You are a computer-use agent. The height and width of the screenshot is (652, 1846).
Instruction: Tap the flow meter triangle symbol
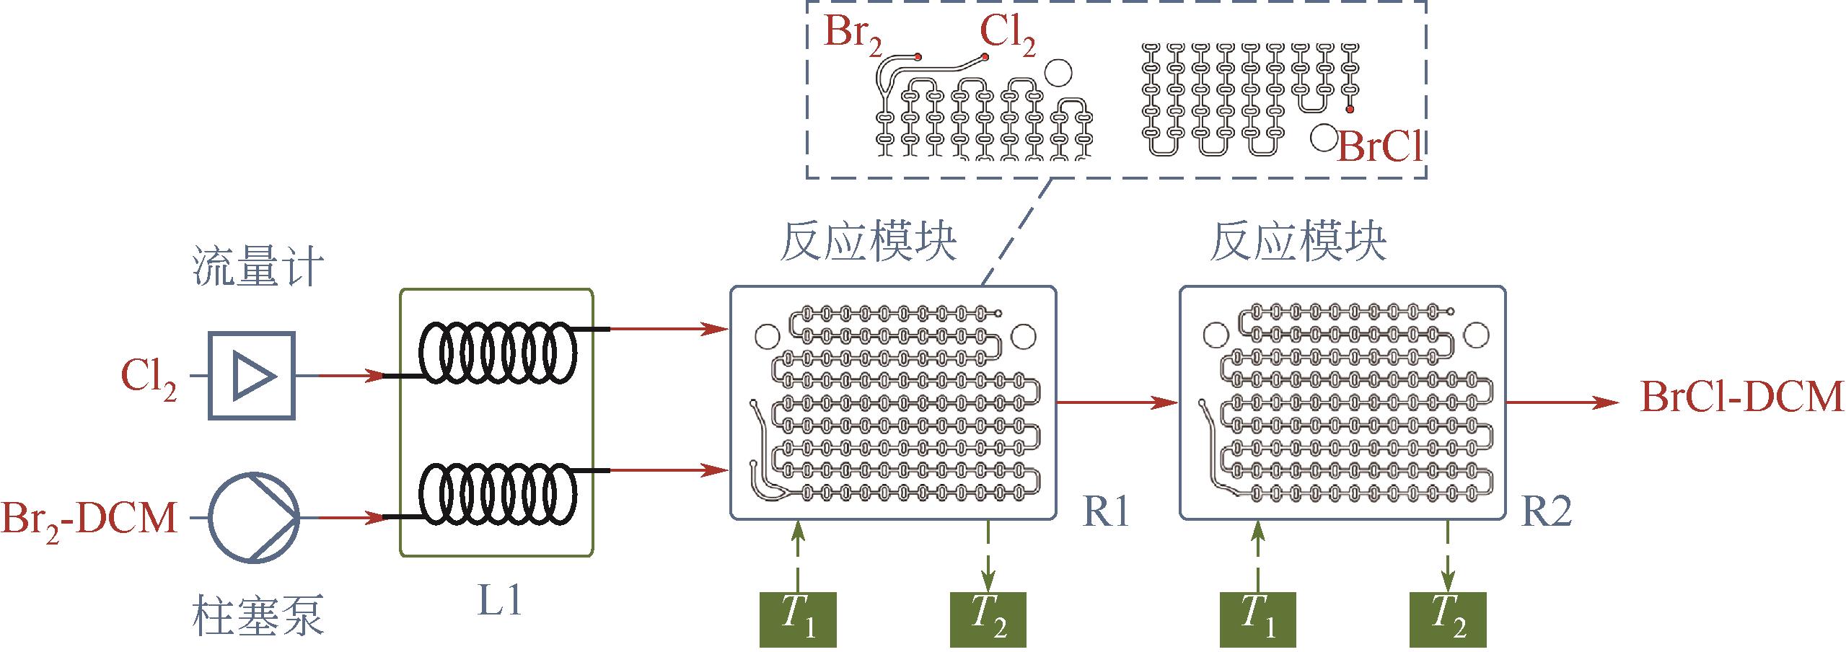pyautogui.click(x=252, y=376)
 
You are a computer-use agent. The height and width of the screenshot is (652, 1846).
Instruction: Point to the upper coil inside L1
pyautogui.click(x=498, y=353)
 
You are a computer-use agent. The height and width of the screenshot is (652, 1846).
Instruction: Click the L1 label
pyautogui.click(x=498, y=600)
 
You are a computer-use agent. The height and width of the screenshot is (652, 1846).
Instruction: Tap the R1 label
pyautogui.click(x=1105, y=513)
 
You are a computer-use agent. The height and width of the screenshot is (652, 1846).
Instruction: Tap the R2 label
pyautogui.click(x=1546, y=513)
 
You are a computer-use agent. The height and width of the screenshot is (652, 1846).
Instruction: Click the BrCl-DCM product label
pyautogui.click(x=1741, y=399)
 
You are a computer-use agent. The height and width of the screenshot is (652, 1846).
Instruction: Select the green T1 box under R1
pyautogui.click(x=798, y=620)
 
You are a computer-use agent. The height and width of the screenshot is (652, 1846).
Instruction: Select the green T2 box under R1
pyautogui.click(x=988, y=620)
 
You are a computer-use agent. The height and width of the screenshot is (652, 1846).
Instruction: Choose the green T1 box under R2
pyautogui.click(x=1257, y=620)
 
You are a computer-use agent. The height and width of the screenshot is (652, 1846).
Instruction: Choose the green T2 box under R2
pyautogui.click(x=1447, y=620)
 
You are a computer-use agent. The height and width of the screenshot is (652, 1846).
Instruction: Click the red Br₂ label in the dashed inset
pyautogui.click(x=853, y=35)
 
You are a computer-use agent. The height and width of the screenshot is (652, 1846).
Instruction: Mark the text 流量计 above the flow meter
pyautogui.click(x=258, y=268)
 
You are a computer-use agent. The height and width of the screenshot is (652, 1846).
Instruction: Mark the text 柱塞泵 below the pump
pyautogui.click(x=258, y=614)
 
